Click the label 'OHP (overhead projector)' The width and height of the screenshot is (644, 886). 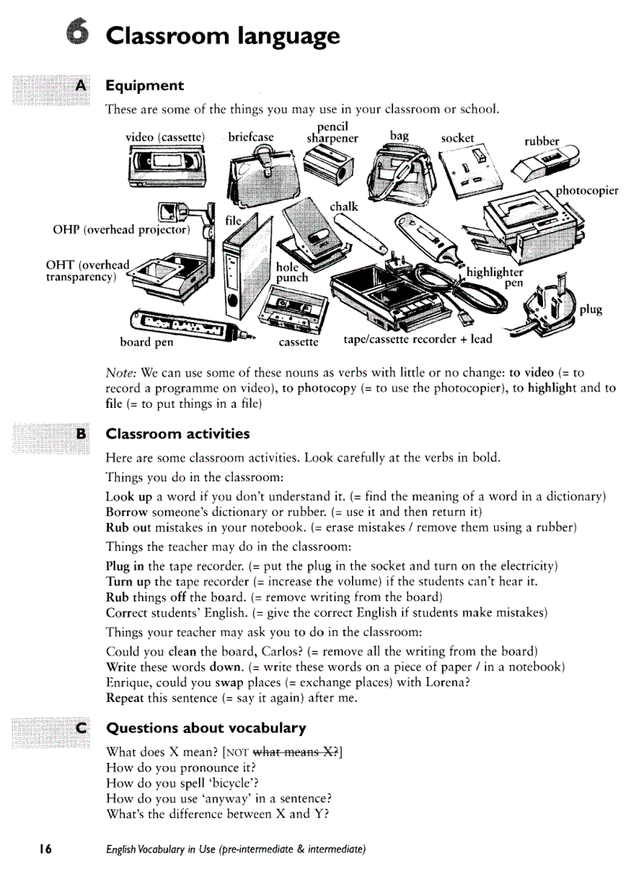click(x=122, y=230)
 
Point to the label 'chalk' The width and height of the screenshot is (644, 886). click(x=344, y=207)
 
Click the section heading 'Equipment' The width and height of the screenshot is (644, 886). click(x=144, y=85)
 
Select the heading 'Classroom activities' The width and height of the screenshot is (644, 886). click(x=178, y=434)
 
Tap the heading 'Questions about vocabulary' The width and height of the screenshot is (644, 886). click(x=206, y=727)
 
